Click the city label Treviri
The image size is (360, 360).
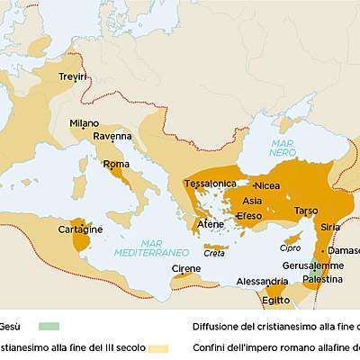click(x=74, y=79)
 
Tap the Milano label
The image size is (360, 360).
click(x=85, y=123)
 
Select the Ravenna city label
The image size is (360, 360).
click(x=112, y=137)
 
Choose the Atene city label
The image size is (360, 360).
click(x=211, y=224)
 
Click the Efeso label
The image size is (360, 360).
click(x=248, y=216)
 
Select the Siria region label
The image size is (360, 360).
click(x=331, y=227)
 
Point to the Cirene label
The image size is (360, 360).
click(x=187, y=269)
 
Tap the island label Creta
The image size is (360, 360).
click(x=215, y=254)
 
